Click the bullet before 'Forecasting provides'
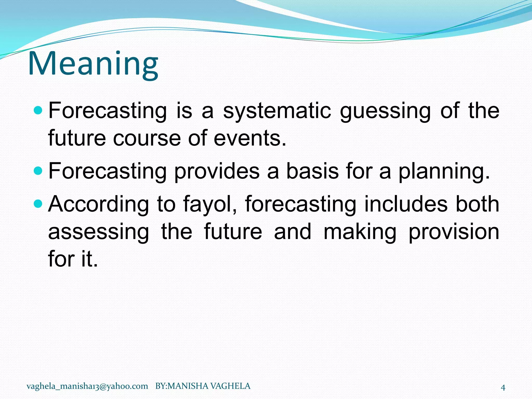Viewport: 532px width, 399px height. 38,171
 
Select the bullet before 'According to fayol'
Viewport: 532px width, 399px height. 38,204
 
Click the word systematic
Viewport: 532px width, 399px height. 277,111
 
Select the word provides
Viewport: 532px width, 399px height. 217,171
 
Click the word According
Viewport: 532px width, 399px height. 98,205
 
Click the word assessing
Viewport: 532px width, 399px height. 98,232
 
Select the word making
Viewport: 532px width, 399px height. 360,232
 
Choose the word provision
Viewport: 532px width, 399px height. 454,232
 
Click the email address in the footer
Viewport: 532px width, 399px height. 87,386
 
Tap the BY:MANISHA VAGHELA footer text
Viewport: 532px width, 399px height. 203,386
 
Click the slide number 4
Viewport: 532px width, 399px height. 503,388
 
